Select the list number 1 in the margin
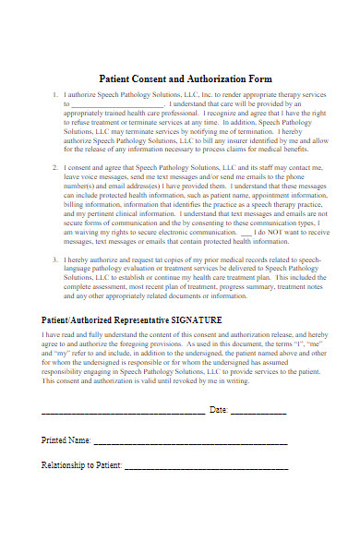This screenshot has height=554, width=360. tap(55, 94)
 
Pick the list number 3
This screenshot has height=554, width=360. tap(55, 261)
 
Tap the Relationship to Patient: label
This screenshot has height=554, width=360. tap(82, 465)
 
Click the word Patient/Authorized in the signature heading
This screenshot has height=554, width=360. tap(77, 319)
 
